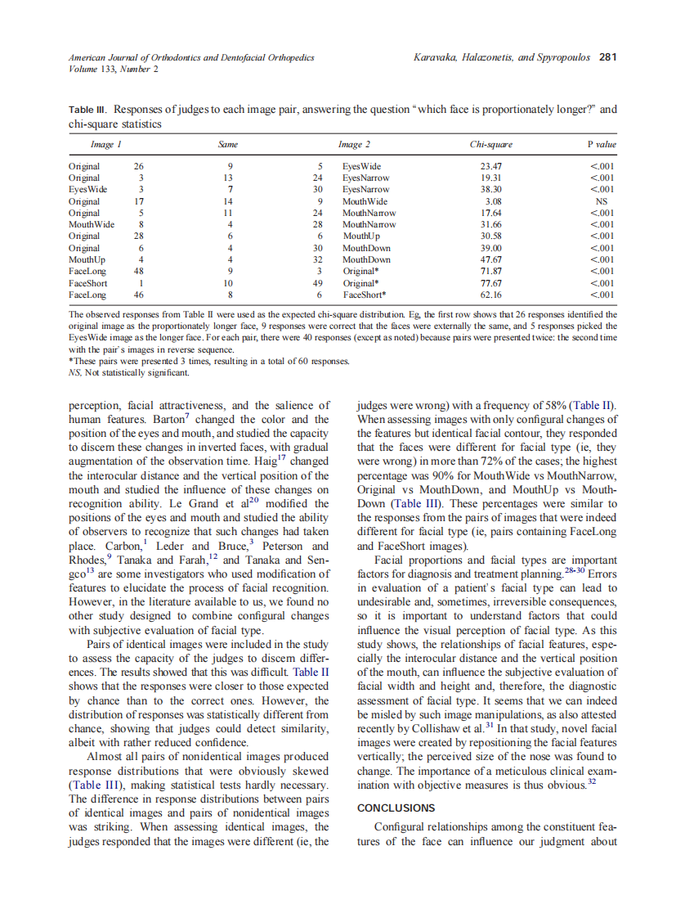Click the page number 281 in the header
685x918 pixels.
tap(607, 57)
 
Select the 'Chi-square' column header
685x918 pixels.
tap(490, 145)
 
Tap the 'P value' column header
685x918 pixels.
tap(601, 145)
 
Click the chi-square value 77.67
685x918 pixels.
tap(490, 283)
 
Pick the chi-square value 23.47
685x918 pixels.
tap(490, 166)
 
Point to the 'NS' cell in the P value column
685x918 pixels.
tap(601, 201)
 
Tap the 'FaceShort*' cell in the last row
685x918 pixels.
tap(365, 295)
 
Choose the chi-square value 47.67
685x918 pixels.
tap(490, 260)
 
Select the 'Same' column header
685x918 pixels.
tap(228, 145)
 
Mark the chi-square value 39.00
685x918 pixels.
tap(490, 248)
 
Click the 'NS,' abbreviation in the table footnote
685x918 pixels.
tap(76, 373)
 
